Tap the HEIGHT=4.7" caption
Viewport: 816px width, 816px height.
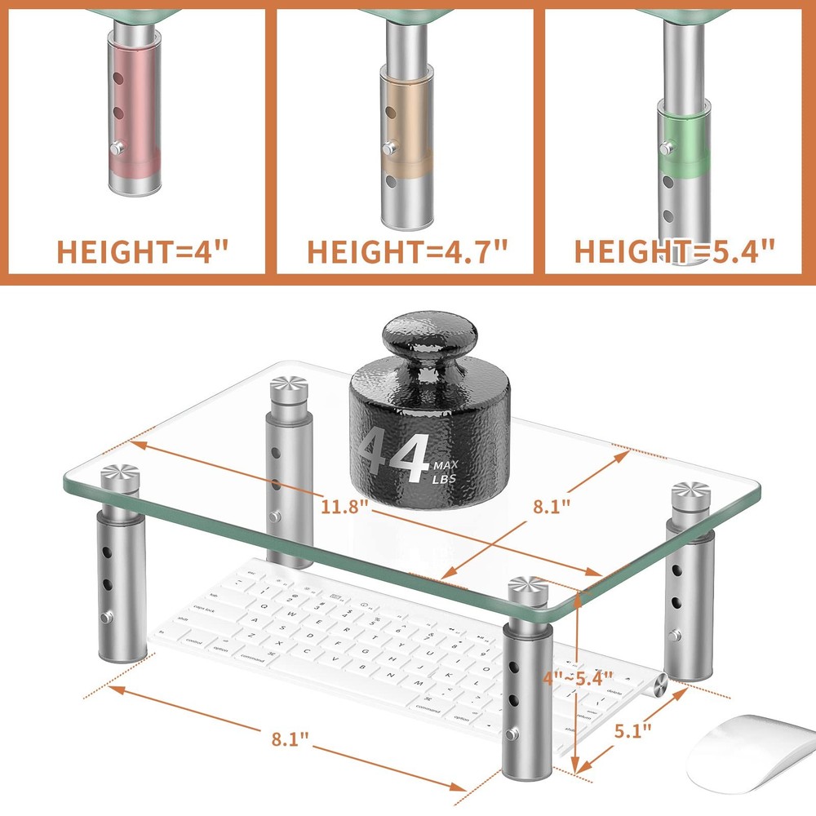tap(407, 251)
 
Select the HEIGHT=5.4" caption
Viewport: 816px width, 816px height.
tap(674, 251)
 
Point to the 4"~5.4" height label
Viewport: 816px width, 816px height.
tap(579, 678)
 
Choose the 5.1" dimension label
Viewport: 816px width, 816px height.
tap(633, 731)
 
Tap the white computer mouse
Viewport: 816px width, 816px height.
tap(747, 751)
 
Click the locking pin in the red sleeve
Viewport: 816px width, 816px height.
tap(116, 148)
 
